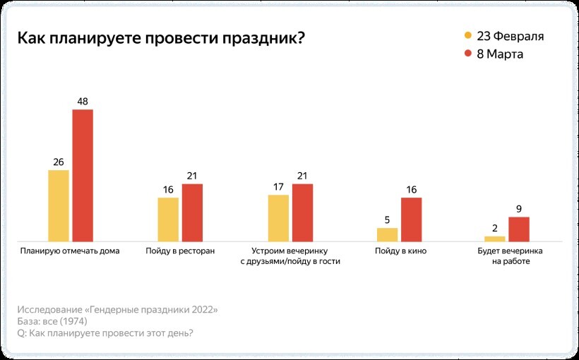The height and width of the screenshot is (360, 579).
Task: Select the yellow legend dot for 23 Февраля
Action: pyautogui.click(x=467, y=36)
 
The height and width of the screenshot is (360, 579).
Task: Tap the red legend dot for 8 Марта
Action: pyautogui.click(x=467, y=54)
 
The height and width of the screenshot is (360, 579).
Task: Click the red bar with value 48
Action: pyautogui.click(x=83, y=175)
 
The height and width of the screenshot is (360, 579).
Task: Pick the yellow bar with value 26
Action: pyautogui.click(x=59, y=205)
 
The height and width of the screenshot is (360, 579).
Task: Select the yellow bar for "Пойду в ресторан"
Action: pyautogui.click(x=168, y=219)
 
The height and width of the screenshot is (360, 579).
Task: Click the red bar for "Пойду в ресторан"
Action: pyautogui.click(x=193, y=212)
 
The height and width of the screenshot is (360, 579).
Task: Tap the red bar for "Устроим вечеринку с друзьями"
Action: pyautogui.click(x=303, y=212)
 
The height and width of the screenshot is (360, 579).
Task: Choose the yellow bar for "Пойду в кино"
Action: pyautogui.click(x=387, y=234)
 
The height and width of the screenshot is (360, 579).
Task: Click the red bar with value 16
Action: pyautogui.click(x=411, y=219)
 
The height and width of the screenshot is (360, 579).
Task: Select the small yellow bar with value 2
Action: pyautogui.click(x=495, y=239)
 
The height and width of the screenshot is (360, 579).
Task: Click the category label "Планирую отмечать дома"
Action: pyautogui.click(x=70, y=251)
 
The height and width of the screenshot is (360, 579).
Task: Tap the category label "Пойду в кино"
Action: pyautogui.click(x=400, y=251)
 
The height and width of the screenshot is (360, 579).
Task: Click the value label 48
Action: pyautogui.click(x=83, y=102)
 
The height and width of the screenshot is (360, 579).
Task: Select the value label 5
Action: pyautogui.click(x=387, y=220)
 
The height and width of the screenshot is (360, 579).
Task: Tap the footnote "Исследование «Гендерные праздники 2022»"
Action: pyautogui.click(x=117, y=309)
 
